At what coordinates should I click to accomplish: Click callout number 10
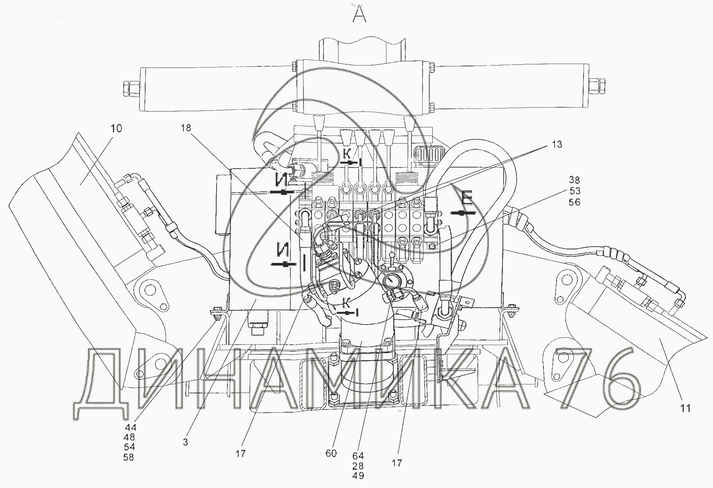pyautogui.click(x=116, y=128)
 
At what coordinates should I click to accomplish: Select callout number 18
pyautogui.click(x=186, y=128)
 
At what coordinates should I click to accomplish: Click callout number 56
pyautogui.click(x=575, y=202)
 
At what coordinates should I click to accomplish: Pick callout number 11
pyautogui.click(x=686, y=408)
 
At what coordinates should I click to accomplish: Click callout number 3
pyautogui.click(x=185, y=443)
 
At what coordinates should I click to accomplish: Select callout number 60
pyautogui.click(x=331, y=453)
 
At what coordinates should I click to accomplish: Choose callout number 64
pyautogui.click(x=358, y=456)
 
